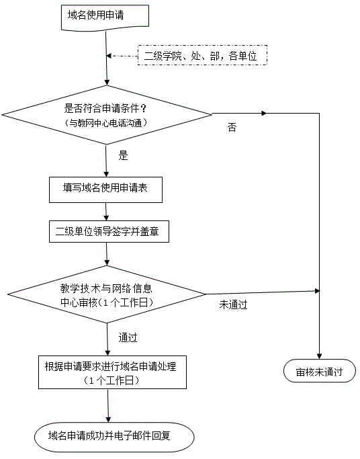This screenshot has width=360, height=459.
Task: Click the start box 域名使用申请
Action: click(105, 16)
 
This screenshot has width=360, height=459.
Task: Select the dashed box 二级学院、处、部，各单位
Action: click(202, 55)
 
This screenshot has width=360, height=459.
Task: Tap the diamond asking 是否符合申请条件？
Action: click(107, 115)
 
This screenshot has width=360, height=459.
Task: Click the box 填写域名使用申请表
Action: click(105, 190)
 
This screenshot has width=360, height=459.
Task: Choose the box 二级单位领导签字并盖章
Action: click(109, 232)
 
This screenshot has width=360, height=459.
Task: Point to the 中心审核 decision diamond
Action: click(107, 294)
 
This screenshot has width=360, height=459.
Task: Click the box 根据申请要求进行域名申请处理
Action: click(112, 372)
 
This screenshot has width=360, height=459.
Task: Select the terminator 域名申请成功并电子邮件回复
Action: click(114, 437)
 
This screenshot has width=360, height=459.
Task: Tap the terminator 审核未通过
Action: click(319, 370)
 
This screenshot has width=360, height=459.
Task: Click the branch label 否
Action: click(232, 127)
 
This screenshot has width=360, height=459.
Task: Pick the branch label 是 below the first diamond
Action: click(123, 155)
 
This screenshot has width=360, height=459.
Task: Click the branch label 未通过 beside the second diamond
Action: click(233, 304)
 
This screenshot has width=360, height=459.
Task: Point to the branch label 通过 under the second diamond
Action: click(128, 337)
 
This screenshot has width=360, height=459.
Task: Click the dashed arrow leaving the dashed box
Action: click(122, 56)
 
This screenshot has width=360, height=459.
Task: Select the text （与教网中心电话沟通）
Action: click(105, 123)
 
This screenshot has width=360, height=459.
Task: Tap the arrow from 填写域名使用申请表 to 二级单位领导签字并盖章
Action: click(106, 212)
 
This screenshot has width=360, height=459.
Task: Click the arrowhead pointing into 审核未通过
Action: click(319, 356)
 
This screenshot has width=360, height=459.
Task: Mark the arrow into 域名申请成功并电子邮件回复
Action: click(108, 406)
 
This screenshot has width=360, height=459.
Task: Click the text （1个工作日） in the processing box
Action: click(111, 380)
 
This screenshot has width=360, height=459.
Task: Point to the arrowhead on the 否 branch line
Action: click(264, 114)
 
